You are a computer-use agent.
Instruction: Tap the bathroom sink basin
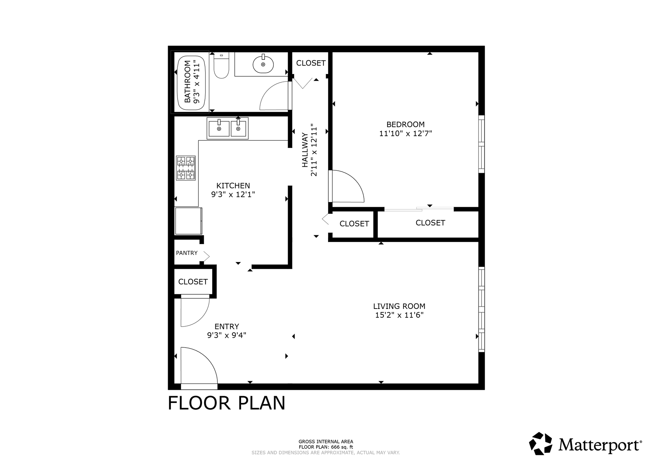pos(263,64)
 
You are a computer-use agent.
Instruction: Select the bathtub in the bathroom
pos(192,83)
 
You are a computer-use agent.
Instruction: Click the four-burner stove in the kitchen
pos(186,168)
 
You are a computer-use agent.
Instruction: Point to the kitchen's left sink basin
pos(219,128)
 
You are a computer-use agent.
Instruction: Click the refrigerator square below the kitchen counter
pos(188,221)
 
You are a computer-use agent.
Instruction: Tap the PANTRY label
pos(187,253)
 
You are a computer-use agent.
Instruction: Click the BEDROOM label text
pos(405,124)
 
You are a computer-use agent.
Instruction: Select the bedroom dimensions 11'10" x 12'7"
pos(405,133)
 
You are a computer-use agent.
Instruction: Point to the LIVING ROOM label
pos(399,306)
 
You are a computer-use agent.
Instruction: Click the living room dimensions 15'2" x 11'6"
pos(399,315)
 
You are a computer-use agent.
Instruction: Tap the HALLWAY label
pos(305,150)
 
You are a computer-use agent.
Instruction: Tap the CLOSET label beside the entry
pos(193,282)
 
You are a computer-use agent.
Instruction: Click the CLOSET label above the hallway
pos(311,63)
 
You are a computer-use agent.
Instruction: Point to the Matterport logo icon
pos(542,444)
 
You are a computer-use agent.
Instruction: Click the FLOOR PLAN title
pos(227,403)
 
